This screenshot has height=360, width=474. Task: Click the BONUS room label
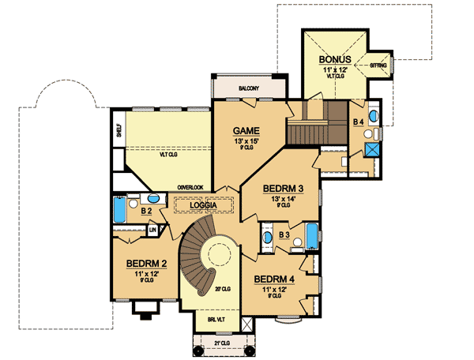tap(336, 60)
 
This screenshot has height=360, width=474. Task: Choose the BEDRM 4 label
tap(273, 279)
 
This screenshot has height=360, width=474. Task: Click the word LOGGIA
tap(204, 205)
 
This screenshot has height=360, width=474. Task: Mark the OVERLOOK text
tap(191, 187)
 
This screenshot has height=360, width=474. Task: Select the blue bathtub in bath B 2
tap(120, 211)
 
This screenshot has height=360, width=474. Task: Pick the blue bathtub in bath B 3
tap(311, 234)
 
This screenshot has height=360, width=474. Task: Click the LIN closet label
tap(152, 231)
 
